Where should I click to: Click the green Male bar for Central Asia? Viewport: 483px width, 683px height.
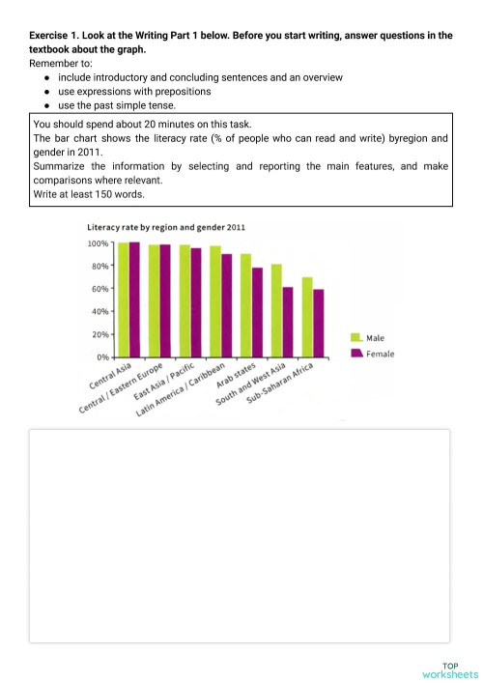pyautogui.click(x=123, y=299)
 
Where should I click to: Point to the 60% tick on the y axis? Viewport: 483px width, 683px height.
pyautogui.click(x=100, y=289)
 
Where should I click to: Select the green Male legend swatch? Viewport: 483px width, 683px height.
pyautogui.click(x=355, y=337)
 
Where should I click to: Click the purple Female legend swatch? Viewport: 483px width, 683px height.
pyautogui.click(x=355, y=354)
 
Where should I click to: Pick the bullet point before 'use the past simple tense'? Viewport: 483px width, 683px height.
pyautogui.click(x=47, y=105)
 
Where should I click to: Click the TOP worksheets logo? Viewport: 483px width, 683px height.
pyautogui.click(x=450, y=669)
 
